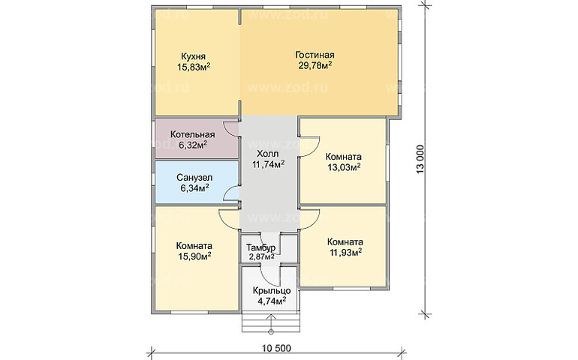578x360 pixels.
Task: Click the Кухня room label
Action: (193, 56)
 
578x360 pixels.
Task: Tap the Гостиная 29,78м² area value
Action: (315, 66)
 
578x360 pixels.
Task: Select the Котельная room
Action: (197, 139)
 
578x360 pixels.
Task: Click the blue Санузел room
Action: (197, 182)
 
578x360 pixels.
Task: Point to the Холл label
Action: (268, 153)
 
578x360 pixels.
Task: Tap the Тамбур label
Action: (260, 247)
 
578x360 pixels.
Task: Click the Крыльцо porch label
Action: (272, 291)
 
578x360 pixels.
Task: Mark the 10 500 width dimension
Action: (276, 347)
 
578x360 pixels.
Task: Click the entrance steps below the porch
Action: (271, 322)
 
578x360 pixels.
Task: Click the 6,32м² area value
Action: (193, 145)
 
